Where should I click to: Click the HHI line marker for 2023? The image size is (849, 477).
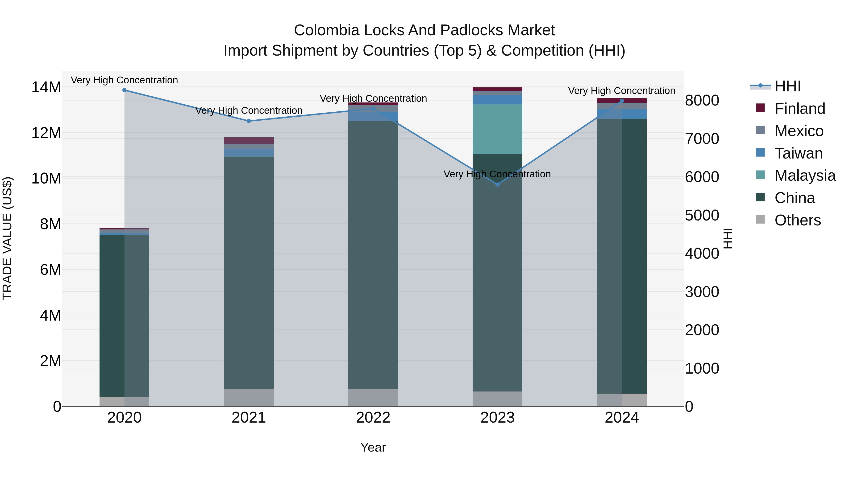click(497, 185)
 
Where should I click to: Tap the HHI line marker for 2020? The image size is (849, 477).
click(124, 90)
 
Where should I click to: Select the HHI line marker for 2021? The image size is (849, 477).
click(249, 121)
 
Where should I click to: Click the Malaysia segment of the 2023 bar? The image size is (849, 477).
click(497, 129)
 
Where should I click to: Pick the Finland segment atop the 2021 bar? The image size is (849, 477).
click(249, 141)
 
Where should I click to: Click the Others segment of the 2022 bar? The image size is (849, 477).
click(373, 397)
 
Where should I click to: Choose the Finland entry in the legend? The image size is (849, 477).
click(799, 109)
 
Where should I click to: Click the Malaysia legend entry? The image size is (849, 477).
click(804, 175)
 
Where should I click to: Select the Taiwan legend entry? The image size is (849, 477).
click(798, 153)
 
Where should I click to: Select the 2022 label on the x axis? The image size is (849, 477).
click(373, 418)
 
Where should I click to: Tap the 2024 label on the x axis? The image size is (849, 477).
click(622, 418)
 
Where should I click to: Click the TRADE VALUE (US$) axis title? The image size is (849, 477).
click(7, 238)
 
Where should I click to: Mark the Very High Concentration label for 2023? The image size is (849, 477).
click(497, 174)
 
